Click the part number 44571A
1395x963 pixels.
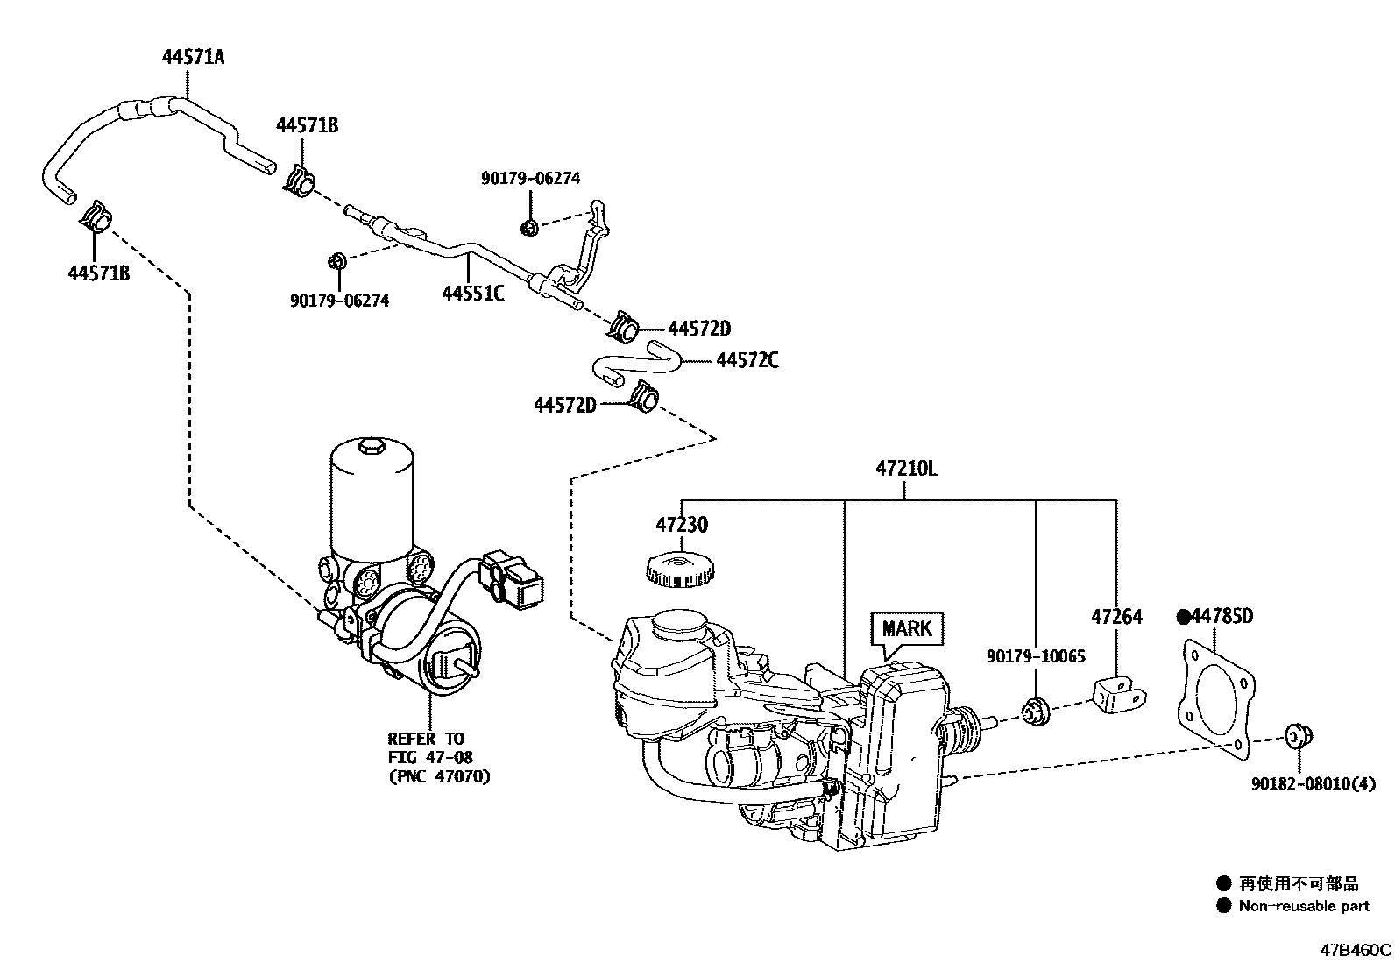[193, 58]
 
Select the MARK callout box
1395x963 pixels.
[907, 628]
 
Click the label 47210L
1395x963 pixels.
[905, 469]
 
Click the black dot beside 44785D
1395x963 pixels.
[1183, 617]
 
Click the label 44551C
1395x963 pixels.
[472, 294]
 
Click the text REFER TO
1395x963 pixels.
[426, 739]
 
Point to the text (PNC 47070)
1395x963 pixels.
[438, 776]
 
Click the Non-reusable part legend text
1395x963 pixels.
[1303, 906]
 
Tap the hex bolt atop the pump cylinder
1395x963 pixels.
[371, 450]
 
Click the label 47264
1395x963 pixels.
[1116, 617]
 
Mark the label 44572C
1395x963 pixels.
[747, 360]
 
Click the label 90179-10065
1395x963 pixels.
[1035, 656]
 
